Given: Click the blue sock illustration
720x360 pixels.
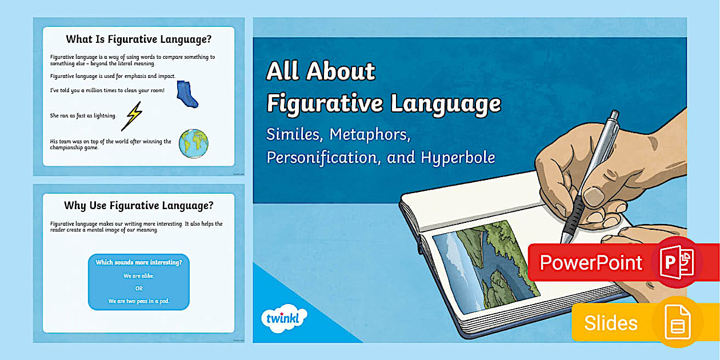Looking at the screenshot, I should point(186,94).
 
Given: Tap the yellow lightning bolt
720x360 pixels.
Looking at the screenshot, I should point(133,116).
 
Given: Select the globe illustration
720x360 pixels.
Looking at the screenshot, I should point(193,143).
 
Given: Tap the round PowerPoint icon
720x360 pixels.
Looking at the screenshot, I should point(676,262).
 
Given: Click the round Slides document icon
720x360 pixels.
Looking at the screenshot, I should point(677,322).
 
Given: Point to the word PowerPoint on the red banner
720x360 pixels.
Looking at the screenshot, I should point(591,263).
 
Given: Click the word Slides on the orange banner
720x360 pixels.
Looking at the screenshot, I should point(610,323).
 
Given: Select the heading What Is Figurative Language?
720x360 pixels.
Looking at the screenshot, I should point(138,39).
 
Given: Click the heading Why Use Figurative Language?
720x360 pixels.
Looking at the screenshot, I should point(138,205).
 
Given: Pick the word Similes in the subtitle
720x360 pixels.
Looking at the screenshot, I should point(291,135).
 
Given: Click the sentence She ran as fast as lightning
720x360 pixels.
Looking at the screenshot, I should point(83,115).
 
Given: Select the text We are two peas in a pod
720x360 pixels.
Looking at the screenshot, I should point(139,301).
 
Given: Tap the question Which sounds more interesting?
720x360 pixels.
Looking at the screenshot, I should point(139,262).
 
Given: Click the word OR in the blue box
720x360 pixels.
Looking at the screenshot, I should point(139,288).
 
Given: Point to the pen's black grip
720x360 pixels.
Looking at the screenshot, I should point(573,215).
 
